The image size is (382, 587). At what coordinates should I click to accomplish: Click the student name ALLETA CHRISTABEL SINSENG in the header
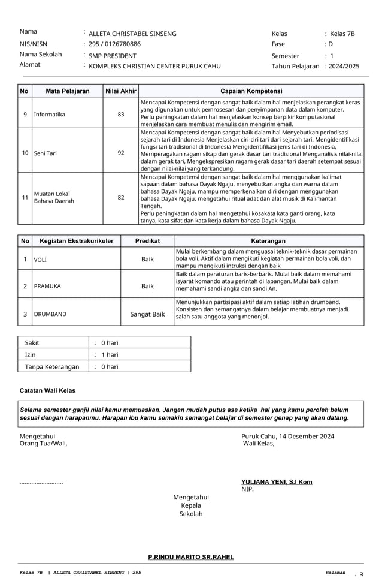coord(132,34)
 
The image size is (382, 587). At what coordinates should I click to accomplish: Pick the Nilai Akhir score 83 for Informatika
coord(121,114)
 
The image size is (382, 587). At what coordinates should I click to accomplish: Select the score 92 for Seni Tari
coord(121,153)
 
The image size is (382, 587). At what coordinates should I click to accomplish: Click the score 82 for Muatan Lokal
coord(121,197)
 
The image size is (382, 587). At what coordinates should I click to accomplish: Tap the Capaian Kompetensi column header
coord(251,91)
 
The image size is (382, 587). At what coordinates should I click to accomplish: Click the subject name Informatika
coord(50,114)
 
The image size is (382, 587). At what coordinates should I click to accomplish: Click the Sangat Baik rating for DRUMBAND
coord(147,314)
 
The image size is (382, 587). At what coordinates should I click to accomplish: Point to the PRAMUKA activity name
coord(47,287)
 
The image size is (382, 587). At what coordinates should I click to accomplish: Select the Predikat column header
coord(147,240)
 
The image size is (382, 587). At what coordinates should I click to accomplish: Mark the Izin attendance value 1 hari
coord(109,355)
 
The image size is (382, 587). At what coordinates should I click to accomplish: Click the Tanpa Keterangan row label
coord(52,366)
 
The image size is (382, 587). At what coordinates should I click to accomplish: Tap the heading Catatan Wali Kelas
coord(48,390)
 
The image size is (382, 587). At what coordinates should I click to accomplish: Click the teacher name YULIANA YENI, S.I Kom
coord(276,481)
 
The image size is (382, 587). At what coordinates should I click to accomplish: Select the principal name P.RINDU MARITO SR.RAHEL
coord(191,557)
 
